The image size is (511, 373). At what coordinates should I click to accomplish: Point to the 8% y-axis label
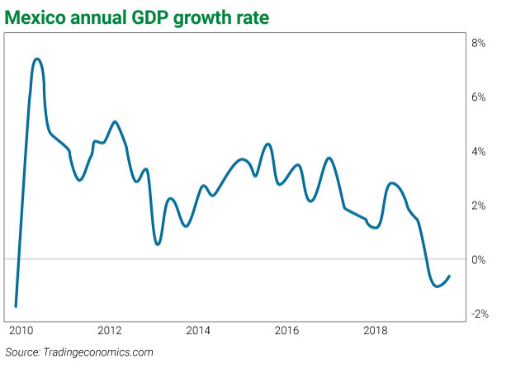click(479, 43)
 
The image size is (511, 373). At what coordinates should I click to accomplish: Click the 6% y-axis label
click(479, 97)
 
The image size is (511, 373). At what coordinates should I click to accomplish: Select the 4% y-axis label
click(479, 152)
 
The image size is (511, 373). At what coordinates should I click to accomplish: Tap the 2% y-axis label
click(479, 206)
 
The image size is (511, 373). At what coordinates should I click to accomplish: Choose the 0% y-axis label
click(479, 261)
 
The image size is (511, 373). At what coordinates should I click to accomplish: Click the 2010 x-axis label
click(21, 331)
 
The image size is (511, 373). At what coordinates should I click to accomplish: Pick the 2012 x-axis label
click(109, 331)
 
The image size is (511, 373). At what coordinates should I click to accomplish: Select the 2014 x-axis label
click(198, 331)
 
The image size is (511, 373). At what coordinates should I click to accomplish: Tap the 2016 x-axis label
click(287, 331)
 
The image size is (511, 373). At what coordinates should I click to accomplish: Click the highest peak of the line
click(37, 59)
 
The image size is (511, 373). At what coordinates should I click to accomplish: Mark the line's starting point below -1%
click(16, 306)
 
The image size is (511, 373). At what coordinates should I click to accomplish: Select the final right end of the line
click(449, 276)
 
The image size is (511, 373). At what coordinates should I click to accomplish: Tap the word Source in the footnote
click(23, 352)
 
